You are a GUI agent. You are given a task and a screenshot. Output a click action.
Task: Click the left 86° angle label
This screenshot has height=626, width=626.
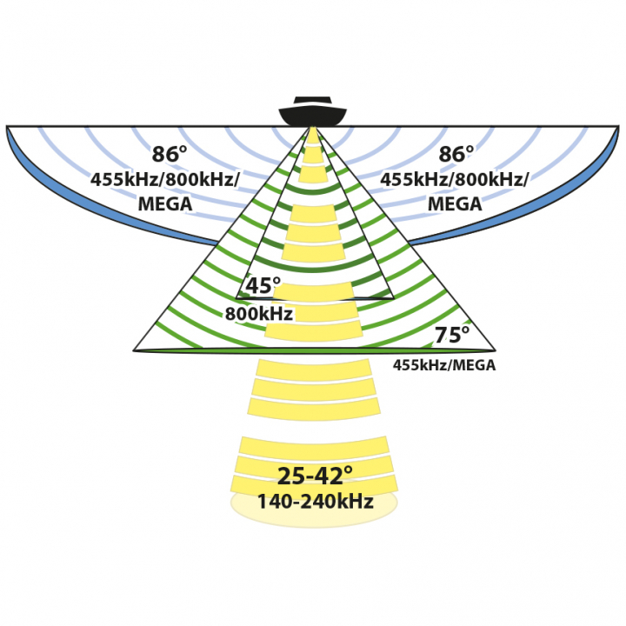click(170, 155)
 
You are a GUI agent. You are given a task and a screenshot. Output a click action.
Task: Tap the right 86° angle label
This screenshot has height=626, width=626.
click(456, 155)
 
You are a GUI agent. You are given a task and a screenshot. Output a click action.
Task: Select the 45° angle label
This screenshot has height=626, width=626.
click(263, 286)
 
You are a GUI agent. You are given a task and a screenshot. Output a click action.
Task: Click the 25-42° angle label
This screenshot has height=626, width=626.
click(314, 476)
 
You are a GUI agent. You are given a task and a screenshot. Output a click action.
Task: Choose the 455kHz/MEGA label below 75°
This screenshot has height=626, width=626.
click(444, 366)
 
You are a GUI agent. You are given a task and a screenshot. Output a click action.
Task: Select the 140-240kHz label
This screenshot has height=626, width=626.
click(314, 503)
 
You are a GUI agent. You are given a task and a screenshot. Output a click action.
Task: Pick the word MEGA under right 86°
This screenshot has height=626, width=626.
click(456, 203)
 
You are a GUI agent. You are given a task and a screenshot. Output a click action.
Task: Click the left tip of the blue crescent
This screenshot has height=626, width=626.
click(8, 129)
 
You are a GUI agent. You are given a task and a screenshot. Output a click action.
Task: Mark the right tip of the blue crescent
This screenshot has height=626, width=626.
click(618, 129)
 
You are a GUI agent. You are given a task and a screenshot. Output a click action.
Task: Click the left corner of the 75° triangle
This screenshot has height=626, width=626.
click(135, 350)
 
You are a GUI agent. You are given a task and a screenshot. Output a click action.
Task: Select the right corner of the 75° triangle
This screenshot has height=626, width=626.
click(495, 350)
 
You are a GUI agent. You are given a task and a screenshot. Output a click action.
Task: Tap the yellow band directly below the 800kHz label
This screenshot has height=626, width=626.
click(313, 331)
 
